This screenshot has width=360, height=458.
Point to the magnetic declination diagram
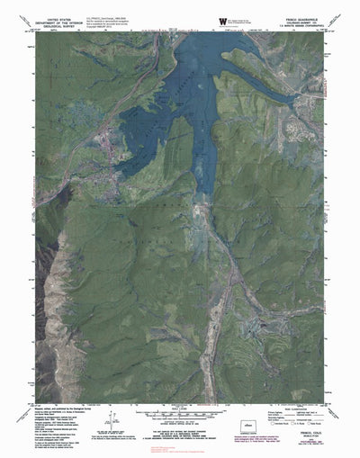click(x=115, y=400)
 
